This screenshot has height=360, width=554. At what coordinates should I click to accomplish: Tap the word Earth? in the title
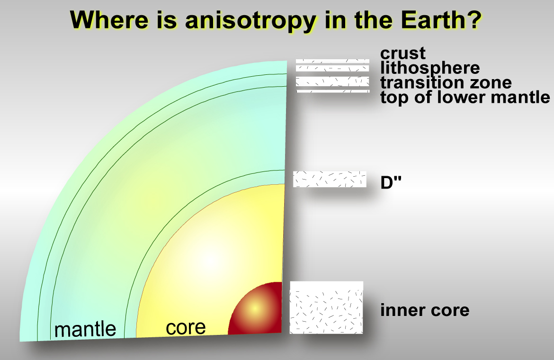(441, 20)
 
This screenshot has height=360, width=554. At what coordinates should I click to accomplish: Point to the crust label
(403, 54)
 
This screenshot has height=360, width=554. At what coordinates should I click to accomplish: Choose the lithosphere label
(430, 67)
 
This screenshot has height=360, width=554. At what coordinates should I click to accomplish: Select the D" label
(391, 182)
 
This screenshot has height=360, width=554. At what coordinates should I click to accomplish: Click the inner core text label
(425, 310)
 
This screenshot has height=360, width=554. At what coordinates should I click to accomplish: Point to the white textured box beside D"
(330, 179)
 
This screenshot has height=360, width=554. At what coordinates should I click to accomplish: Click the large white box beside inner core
(326, 307)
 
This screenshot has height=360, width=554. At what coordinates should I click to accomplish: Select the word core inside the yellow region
(186, 327)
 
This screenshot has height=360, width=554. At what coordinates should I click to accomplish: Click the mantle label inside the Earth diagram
(85, 329)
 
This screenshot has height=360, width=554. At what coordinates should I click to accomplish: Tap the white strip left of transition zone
(332, 81)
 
